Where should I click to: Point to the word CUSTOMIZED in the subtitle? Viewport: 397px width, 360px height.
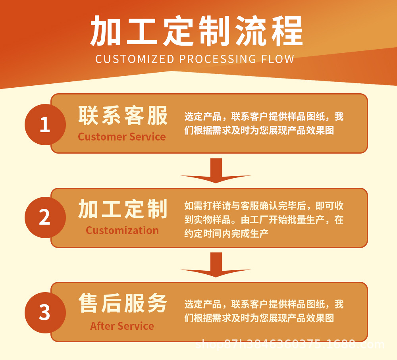point(135,59)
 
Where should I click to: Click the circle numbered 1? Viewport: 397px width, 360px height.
point(45,125)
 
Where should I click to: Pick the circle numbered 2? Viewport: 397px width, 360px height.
point(45,218)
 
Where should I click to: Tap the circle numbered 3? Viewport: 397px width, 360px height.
point(45,312)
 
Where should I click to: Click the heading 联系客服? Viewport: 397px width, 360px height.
point(123,116)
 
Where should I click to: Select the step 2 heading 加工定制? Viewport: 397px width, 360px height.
point(123,209)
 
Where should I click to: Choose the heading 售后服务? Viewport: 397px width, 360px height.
point(123,303)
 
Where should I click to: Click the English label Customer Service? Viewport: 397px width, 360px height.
point(122,137)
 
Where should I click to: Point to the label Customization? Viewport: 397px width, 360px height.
point(122,231)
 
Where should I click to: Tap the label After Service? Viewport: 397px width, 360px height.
point(122,326)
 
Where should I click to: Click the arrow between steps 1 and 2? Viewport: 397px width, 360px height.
point(216,171)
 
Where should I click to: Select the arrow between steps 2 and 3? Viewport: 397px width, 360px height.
point(216,265)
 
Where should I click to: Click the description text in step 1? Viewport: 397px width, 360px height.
point(264,123)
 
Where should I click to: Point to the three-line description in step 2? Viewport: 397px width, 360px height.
point(264,219)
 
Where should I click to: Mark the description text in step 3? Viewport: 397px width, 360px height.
point(264,311)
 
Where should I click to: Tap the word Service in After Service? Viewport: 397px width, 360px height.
point(136,326)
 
